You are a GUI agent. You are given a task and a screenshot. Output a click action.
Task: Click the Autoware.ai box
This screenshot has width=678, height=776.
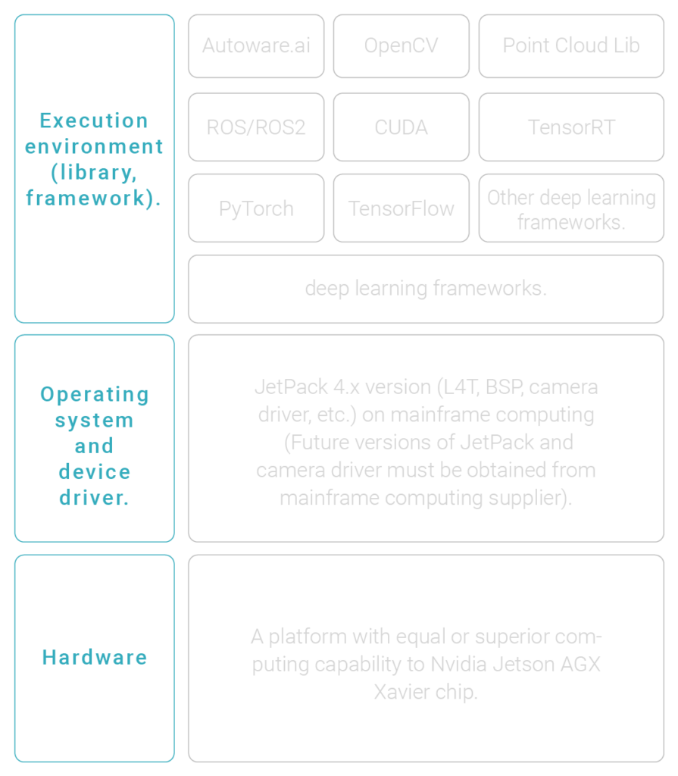pos(256,45)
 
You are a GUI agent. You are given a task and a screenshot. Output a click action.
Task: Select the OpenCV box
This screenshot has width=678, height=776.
pos(401,45)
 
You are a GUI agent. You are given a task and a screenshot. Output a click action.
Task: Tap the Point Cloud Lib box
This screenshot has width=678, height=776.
pos(570,45)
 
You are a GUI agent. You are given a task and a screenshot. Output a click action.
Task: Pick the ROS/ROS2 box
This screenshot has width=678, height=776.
pos(256,127)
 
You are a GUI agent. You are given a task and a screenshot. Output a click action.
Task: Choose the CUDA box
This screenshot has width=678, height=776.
pos(401,127)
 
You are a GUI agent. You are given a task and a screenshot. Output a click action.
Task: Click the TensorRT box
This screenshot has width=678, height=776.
pos(570,127)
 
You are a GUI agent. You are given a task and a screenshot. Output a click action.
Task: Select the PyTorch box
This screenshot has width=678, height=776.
pos(256,208)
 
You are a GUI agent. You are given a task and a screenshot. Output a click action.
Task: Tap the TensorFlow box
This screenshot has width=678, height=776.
pos(401,208)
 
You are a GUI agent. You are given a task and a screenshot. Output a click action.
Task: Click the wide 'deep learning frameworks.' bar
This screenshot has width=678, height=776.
pos(425,289)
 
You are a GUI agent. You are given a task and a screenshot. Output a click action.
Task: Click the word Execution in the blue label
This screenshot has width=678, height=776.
pos(94,120)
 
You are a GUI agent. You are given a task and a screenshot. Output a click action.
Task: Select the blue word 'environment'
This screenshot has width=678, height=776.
pos(94,146)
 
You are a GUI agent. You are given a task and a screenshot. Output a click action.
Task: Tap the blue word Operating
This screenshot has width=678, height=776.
pos(95,394)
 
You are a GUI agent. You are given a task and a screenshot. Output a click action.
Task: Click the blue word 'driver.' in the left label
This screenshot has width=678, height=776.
pos(95,498)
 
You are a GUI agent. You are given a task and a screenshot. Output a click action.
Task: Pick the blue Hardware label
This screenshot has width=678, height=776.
pos(95,657)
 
